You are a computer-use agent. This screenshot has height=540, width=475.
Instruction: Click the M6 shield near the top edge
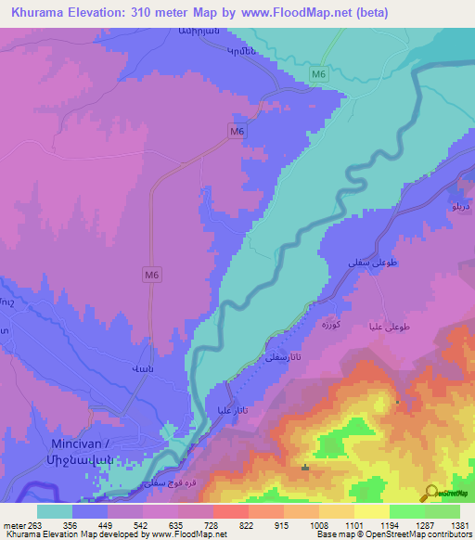click(x=319, y=73)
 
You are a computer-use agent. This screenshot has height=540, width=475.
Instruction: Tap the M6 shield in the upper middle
click(x=237, y=133)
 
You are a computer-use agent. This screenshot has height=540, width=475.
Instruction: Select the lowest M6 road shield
click(x=152, y=275)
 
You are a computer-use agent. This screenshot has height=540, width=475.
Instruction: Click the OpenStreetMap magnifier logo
click(x=429, y=493)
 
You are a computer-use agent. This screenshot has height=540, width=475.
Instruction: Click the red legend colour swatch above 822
click(x=230, y=511)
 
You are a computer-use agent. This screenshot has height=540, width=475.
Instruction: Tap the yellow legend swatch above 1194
click(x=371, y=511)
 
